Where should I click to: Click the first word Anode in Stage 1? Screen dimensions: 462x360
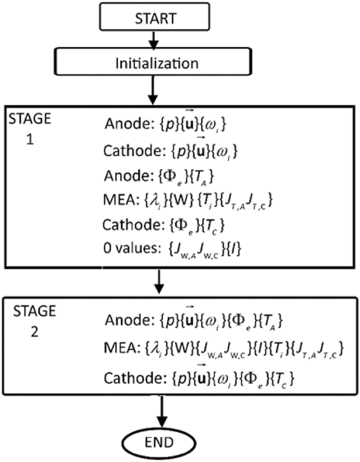(x=121, y=125)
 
